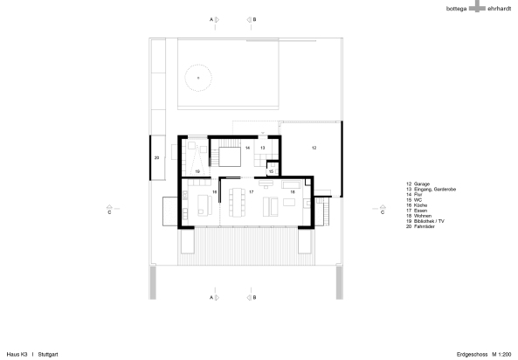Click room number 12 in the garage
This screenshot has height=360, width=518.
click(x=313, y=149)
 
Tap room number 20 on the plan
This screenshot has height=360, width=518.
click(x=156, y=157)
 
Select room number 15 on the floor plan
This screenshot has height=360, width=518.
click(x=271, y=171)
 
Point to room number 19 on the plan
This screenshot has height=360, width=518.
click(x=197, y=171)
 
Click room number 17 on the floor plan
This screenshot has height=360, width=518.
click(x=251, y=190)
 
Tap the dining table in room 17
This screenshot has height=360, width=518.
click(x=237, y=204)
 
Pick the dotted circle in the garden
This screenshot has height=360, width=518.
click(x=198, y=78)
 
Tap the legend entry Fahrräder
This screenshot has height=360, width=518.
click(x=426, y=225)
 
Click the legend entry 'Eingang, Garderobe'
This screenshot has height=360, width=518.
click(x=435, y=189)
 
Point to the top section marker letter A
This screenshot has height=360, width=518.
click(x=211, y=17)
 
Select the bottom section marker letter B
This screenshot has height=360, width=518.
click(x=253, y=298)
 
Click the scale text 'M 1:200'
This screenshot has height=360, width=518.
click(x=501, y=353)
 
